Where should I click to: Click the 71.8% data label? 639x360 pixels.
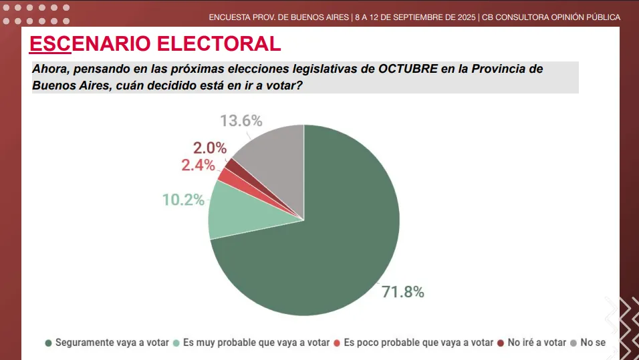coord(402,292)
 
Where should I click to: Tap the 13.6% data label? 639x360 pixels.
coord(241,121)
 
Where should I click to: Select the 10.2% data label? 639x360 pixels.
coord(183,199)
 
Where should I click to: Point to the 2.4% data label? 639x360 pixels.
coord(198,165)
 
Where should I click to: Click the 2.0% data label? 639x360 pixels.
coord(210,148)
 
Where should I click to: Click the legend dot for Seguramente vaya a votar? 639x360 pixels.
coord(48,343)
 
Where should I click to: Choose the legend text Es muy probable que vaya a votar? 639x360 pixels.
coord(256,343)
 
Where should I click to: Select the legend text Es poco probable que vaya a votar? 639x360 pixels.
coord(418,343)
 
